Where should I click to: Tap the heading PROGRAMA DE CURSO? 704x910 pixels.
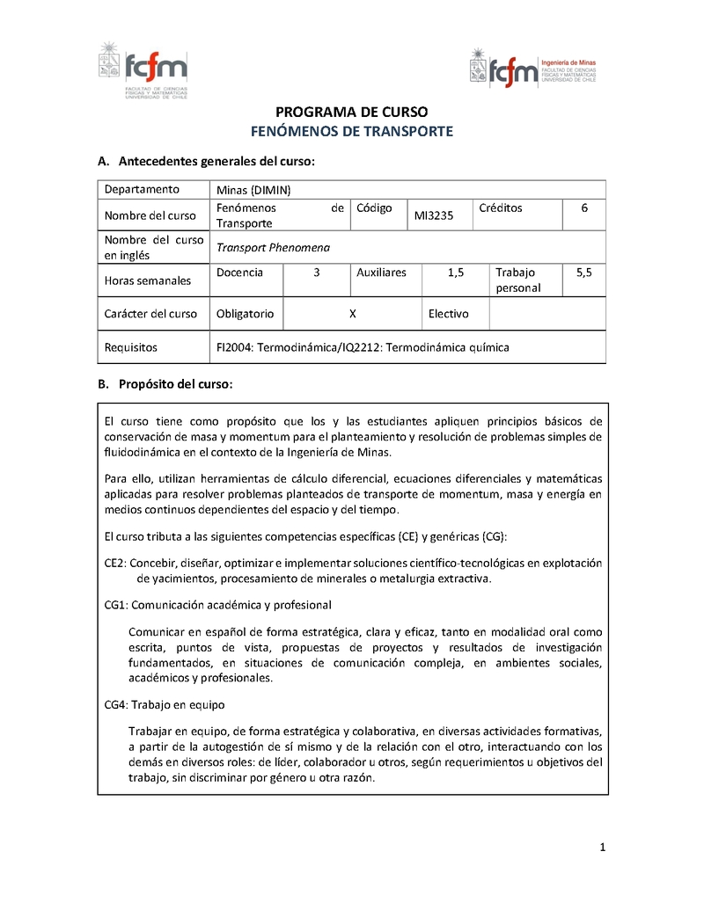click(352, 113)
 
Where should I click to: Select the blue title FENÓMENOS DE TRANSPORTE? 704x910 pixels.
click(352, 131)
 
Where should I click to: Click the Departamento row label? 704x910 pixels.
click(142, 189)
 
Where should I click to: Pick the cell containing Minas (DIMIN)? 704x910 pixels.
click(253, 190)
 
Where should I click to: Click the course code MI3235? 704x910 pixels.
click(434, 215)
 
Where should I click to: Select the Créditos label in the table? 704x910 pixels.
click(501, 208)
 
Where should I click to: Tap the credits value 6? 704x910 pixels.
click(584, 208)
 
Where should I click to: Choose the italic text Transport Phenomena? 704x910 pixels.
click(273, 247)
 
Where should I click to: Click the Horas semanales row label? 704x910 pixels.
click(147, 280)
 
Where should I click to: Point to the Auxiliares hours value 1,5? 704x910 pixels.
click(455, 273)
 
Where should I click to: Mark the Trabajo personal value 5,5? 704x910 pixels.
click(584, 273)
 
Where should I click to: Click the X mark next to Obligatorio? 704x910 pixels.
click(352, 313)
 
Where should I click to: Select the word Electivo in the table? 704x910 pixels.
click(449, 313)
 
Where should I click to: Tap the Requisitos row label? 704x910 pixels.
click(131, 347)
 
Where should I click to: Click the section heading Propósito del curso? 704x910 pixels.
click(175, 384)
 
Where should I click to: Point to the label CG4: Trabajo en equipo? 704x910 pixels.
click(165, 704)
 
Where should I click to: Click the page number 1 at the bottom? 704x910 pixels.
click(602, 848)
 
